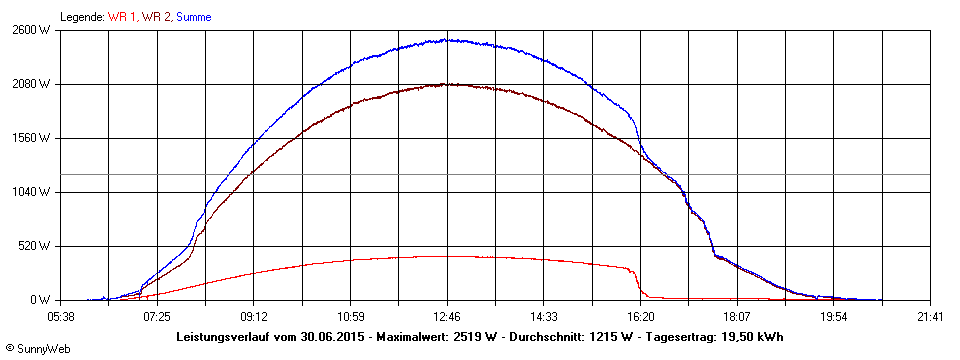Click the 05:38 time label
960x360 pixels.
(x=61, y=316)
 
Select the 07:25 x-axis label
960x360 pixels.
(x=157, y=316)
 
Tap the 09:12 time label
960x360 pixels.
(x=254, y=316)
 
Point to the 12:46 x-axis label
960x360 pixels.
(x=447, y=316)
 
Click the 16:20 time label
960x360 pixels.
(x=640, y=316)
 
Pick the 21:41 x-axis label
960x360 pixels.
(x=930, y=316)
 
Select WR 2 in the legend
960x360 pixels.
(x=156, y=17)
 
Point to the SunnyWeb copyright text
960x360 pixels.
(x=36, y=348)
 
